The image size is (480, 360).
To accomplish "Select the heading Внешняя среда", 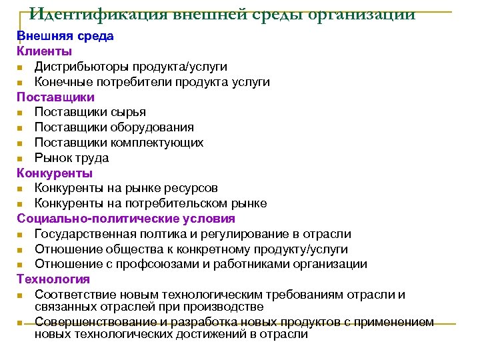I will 65,36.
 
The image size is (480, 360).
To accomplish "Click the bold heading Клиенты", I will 45,51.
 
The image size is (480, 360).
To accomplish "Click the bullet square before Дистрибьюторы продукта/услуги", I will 22,67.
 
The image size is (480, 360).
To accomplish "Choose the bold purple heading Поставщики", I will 56,97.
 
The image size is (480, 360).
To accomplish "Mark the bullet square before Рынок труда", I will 22,159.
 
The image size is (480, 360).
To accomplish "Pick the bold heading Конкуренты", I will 55,173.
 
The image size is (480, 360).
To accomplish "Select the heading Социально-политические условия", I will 126,219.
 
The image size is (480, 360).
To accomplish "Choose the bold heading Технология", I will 53,279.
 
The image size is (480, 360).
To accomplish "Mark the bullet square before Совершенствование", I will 22,323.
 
